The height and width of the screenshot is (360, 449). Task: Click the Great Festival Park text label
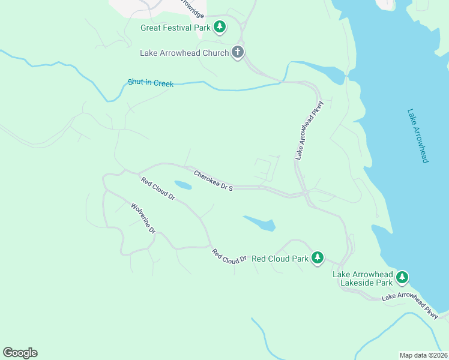(175, 28)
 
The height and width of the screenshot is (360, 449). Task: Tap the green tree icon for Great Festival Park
(220, 27)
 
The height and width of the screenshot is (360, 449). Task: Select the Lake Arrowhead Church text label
(184, 53)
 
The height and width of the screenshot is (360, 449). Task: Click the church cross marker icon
(238, 52)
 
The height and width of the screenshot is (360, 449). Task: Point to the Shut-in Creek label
(151, 83)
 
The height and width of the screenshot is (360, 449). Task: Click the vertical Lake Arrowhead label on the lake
(418, 136)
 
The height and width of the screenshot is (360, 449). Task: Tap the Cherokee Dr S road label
(213, 180)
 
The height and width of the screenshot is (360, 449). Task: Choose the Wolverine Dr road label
(143, 218)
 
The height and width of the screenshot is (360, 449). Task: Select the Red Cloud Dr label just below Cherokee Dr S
(158, 188)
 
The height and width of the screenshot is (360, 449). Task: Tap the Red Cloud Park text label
(280, 259)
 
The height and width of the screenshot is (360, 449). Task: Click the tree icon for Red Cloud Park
(318, 258)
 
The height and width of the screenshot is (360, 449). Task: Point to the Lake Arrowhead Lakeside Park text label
(363, 278)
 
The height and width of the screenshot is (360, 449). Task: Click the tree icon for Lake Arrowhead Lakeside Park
(402, 277)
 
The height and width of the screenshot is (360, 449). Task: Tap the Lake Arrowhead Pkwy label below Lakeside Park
(411, 304)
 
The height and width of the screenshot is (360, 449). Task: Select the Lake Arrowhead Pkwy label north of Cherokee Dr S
(309, 134)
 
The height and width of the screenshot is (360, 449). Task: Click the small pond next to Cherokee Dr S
(182, 185)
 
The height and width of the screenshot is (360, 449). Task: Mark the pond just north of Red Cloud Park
(261, 223)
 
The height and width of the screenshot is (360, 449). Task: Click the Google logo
(20, 353)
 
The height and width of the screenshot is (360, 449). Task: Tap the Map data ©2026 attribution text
(423, 355)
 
